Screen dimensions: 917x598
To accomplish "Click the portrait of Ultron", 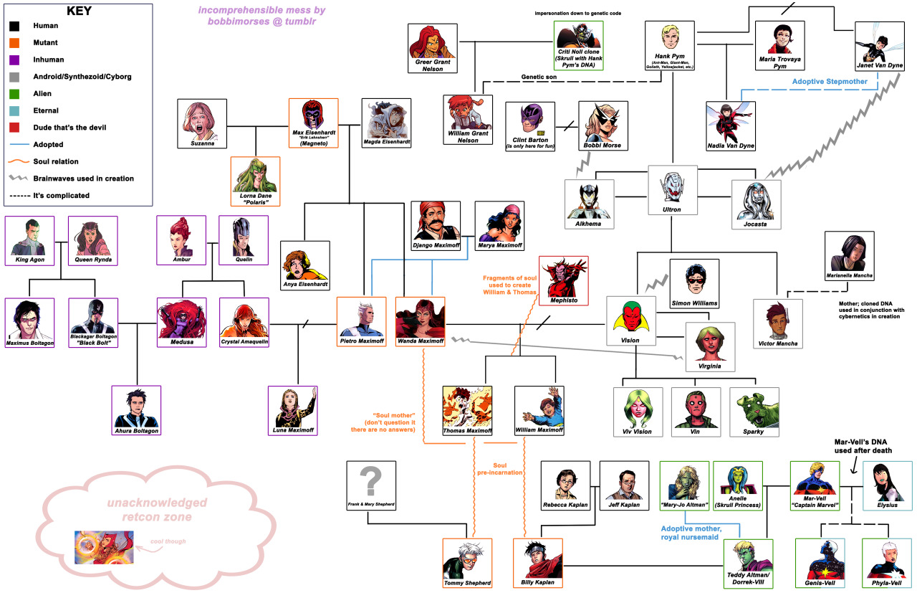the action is [672, 185].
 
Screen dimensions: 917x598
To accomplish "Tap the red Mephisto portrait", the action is [563, 276].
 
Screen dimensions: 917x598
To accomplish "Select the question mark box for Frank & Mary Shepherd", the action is [370, 481].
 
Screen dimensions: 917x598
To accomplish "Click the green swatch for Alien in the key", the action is [15, 93].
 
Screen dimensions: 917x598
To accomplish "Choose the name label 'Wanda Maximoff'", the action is [420, 341].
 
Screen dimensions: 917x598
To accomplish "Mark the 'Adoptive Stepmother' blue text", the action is [830, 82].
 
